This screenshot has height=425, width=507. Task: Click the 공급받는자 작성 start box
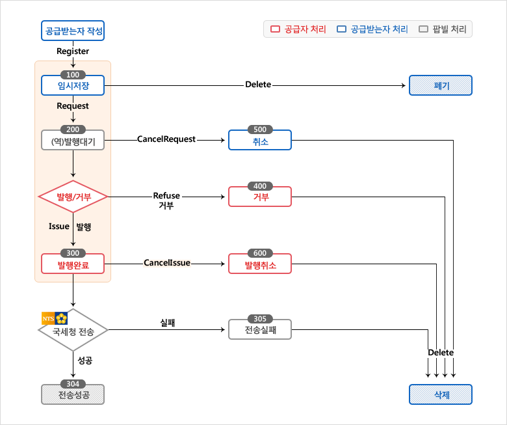coord(73,31)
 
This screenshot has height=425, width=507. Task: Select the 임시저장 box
coord(73,85)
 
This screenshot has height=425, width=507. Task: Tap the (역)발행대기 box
coord(73,140)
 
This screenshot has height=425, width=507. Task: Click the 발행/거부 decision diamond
coord(73,196)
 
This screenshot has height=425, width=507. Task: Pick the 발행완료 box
coord(73,264)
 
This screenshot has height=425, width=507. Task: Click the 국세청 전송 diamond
coord(73,331)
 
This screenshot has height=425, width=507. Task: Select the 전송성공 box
coord(73,394)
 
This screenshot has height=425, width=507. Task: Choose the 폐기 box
coord(440,85)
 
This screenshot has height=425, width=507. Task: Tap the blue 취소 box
coord(259,140)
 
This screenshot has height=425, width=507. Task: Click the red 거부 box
coord(259,196)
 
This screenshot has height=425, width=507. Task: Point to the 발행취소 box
coord(259,264)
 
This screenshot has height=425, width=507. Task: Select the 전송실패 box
coord(259,329)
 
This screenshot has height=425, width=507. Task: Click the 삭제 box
coord(440,394)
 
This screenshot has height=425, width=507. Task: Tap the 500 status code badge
coord(259,130)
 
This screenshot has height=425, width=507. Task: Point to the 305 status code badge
coord(259,319)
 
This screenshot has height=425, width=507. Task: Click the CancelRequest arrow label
coord(166,139)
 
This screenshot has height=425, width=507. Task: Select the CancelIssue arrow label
coord(166,263)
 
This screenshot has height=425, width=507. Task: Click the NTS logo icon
coord(55,318)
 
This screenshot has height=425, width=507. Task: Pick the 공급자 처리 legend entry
coord(298,29)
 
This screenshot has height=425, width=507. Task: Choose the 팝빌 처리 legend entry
coord(443,29)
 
